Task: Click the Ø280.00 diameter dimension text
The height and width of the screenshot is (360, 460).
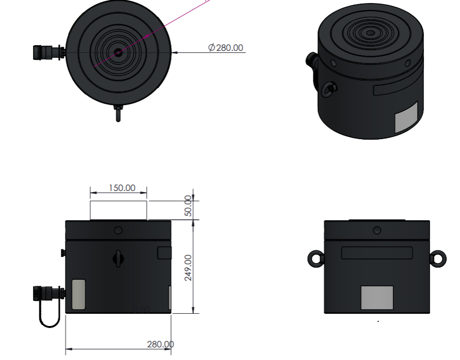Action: pyautogui.click(x=225, y=48)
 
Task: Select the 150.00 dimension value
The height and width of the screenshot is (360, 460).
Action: pyautogui.click(x=122, y=188)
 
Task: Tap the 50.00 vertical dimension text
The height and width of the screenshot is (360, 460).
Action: pyautogui.click(x=188, y=206)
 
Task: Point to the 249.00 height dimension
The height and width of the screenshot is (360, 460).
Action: pyautogui.click(x=188, y=268)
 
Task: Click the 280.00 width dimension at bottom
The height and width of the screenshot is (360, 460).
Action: pyautogui.click(x=160, y=344)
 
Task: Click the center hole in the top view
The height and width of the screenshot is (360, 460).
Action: pyautogui.click(x=118, y=52)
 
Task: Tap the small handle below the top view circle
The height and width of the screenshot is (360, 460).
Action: pyautogui.click(x=118, y=114)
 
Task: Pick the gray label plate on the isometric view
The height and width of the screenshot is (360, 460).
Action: pyautogui.click(x=406, y=117)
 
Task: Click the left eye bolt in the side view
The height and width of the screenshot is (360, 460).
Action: pyautogui.click(x=315, y=258)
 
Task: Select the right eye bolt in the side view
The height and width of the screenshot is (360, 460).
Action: pyautogui.click(x=438, y=258)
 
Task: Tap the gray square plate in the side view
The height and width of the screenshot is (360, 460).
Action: pyautogui.click(x=377, y=298)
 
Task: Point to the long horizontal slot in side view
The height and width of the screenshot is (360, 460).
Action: pyautogui.click(x=377, y=253)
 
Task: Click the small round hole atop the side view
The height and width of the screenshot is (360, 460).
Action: pyautogui.click(x=377, y=231)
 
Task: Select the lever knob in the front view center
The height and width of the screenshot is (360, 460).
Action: pyautogui.click(x=118, y=258)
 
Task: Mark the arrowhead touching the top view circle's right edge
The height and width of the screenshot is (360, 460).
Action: pyautogui.click(x=175, y=52)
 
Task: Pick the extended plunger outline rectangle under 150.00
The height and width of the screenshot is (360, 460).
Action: pyautogui.click(x=118, y=210)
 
